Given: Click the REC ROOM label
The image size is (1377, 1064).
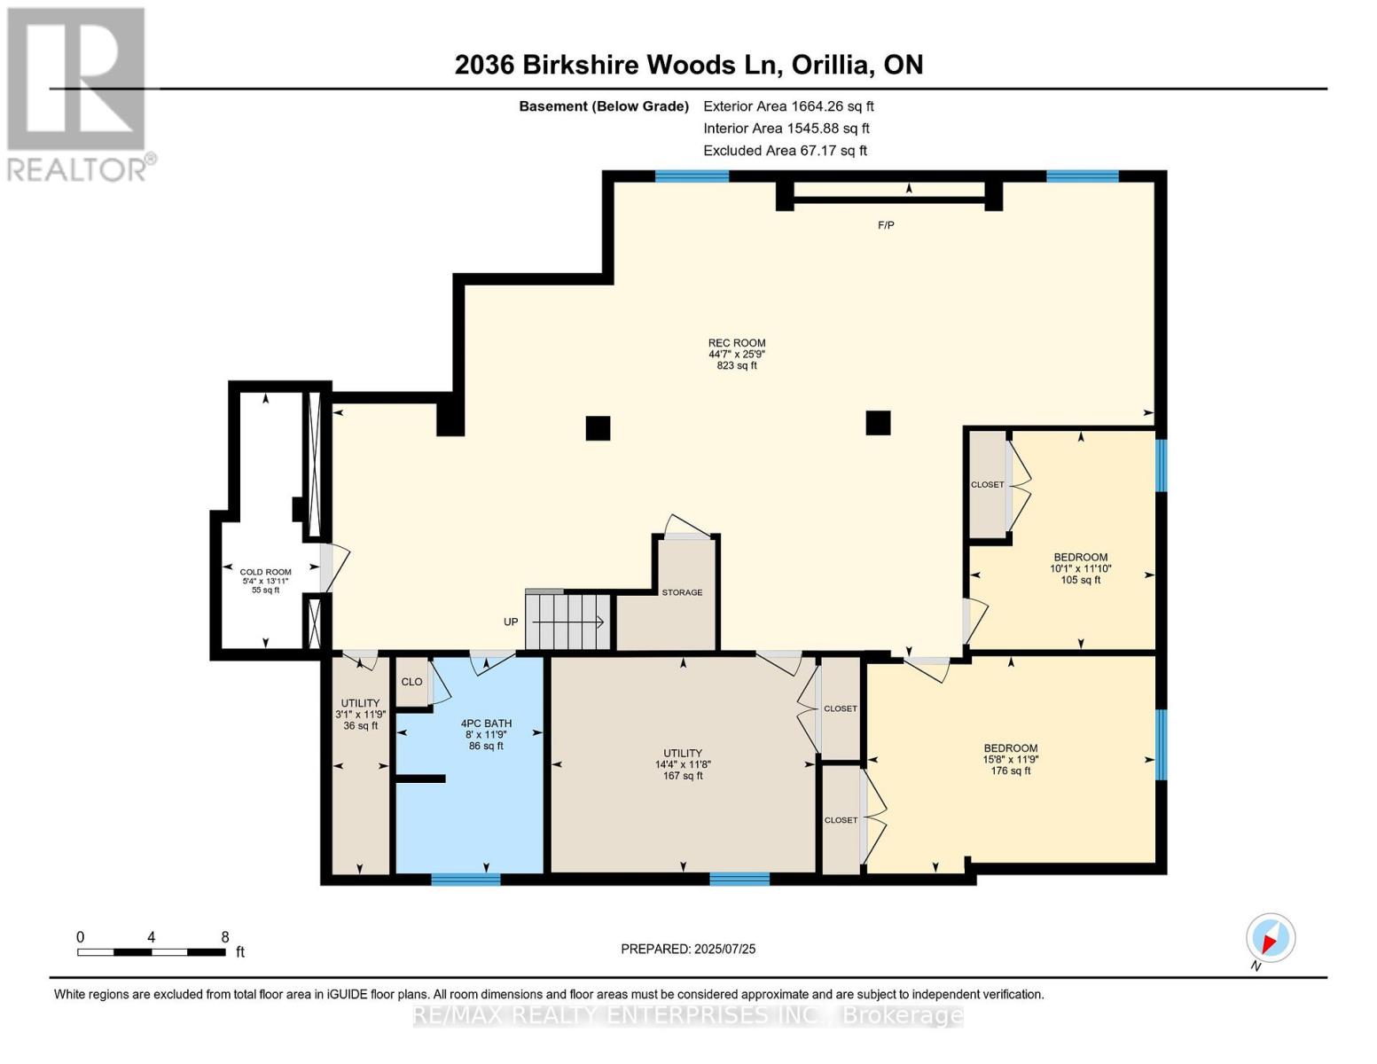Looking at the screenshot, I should (736, 343).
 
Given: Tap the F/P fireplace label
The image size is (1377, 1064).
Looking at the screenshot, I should (886, 225).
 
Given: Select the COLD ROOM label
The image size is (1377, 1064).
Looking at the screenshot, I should (265, 572).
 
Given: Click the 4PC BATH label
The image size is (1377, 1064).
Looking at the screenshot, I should (486, 724).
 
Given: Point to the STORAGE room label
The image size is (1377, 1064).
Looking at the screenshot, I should (682, 592).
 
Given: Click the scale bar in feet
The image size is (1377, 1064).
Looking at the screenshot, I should (151, 952).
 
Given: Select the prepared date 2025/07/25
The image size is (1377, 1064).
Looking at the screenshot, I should (688, 949).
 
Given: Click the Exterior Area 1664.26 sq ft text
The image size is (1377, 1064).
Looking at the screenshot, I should (788, 106).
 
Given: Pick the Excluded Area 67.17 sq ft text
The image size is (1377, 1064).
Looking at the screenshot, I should (785, 151).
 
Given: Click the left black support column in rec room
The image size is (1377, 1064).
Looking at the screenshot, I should (598, 428).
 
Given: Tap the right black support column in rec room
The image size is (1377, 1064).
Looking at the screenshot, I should (878, 423).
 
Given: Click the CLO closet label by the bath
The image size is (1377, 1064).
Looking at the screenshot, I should (411, 682).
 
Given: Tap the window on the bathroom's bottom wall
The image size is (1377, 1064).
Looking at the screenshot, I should (466, 879).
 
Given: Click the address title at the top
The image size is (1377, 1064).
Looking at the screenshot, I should (688, 65).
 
